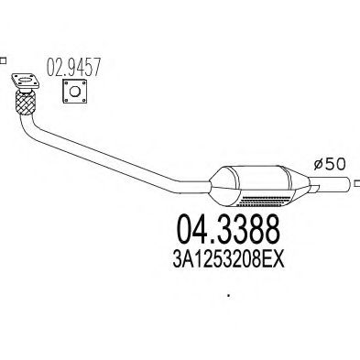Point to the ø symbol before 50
pos(317,166)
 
